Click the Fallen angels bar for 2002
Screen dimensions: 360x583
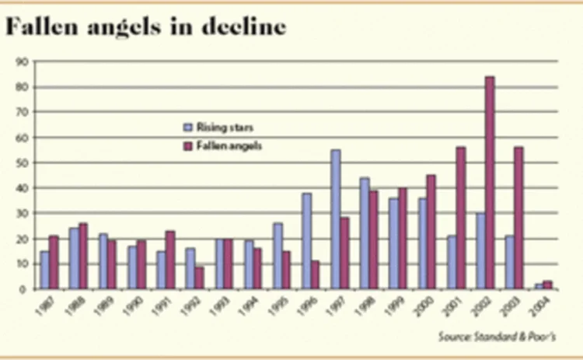490,183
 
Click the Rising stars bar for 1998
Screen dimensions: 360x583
365,233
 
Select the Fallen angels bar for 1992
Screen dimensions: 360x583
200,278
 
